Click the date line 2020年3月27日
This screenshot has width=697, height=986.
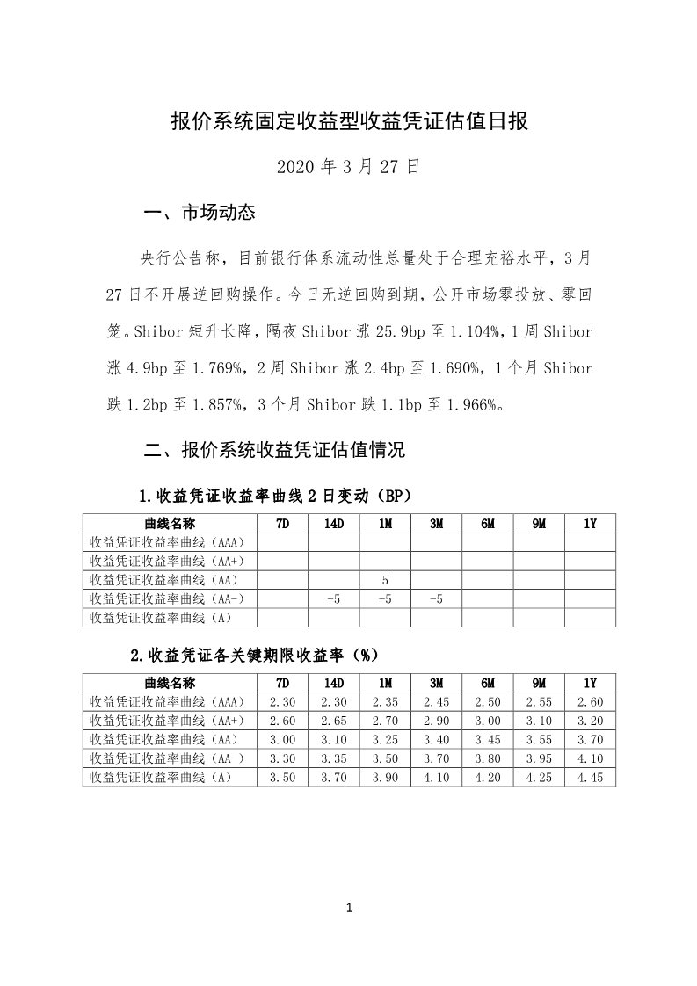click(348, 166)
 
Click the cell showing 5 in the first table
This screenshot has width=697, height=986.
click(385, 580)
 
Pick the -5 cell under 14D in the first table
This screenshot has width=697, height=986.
click(334, 598)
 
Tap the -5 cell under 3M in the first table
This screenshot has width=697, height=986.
click(436, 598)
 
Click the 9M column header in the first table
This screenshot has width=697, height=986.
click(539, 523)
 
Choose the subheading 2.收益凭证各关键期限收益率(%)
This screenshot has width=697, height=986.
click(253, 655)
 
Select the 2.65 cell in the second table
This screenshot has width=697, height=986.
click(334, 721)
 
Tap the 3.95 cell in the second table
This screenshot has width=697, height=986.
click(539, 758)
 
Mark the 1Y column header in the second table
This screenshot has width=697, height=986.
click(590, 683)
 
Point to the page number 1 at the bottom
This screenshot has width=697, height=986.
click(349, 908)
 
